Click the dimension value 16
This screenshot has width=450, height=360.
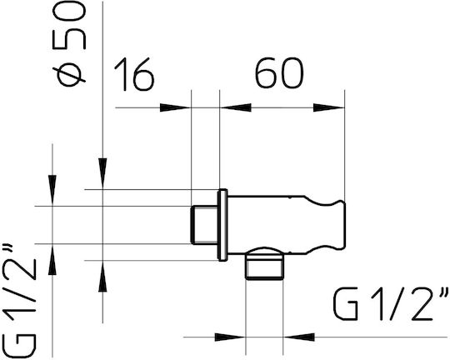pyautogui.click(x=134, y=74)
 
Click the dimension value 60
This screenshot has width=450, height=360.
pyautogui.click(x=279, y=73)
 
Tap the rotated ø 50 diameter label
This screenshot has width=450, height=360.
pyautogui.click(x=69, y=44)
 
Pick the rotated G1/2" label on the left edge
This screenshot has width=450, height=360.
pyautogui.click(x=19, y=302)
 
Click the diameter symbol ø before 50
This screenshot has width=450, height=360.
pyautogui.click(x=69, y=74)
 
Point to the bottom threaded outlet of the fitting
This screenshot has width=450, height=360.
pyautogui.click(x=264, y=267)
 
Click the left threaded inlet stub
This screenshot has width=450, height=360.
pyautogui.click(x=204, y=225)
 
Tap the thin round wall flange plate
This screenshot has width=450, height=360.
pyautogui.click(x=222, y=225)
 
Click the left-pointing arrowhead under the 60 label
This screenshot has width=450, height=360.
pyautogui.click(x=235, y=107)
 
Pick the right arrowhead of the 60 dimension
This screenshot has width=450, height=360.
pyautogui.click(x=329, y=107)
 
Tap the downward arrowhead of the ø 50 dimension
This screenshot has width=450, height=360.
pyautogui.click(x=102, y=173)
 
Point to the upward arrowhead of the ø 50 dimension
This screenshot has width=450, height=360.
pyautogui.click(x=102, y=276)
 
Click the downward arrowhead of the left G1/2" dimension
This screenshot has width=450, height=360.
pyautogui.click(x=52, y=190)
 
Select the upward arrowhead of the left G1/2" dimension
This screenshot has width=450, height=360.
pyautogui.click(x=52, y=259)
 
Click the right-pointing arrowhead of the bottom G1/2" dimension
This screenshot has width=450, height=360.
pyautogui.click(x=230, y=337)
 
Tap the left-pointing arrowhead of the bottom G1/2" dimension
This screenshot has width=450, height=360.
pyautogui.click(x=299, y=337)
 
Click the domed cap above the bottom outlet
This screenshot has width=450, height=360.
pyautogui.click(x=264, y=252)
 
